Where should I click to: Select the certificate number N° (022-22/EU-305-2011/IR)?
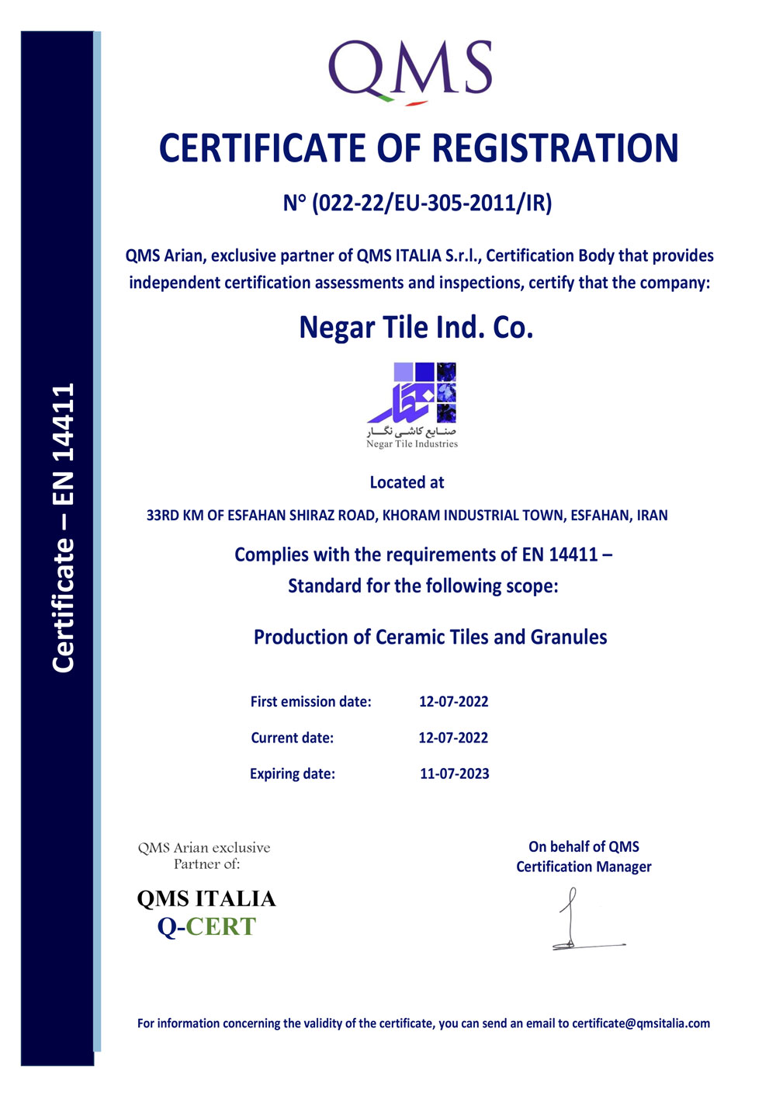417,203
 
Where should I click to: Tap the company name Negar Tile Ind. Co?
416,328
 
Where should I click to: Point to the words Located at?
407,482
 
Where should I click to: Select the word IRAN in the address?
652,516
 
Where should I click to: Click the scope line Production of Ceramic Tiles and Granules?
430,638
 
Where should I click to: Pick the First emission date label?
310,702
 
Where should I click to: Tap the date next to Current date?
453,738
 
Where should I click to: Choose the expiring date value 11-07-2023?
455,773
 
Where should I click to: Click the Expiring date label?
293,773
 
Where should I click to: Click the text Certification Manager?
584,867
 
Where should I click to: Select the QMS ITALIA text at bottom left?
206,898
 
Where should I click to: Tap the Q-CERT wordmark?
206,926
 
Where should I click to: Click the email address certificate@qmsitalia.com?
641,1023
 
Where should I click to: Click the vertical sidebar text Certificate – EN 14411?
63,528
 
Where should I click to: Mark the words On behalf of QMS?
584,846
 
